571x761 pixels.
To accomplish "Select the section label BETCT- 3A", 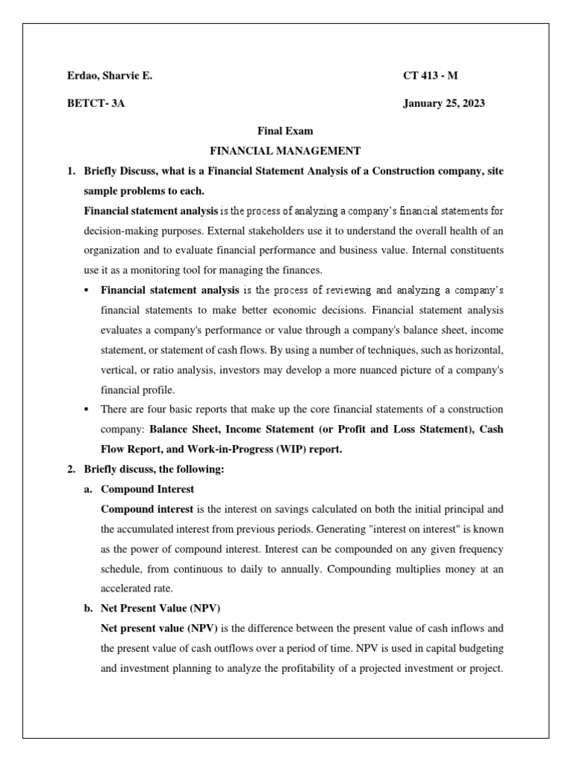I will pyautogui.click(x=96, y=103).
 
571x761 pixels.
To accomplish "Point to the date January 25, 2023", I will pyautogui.click(x=444, y=103).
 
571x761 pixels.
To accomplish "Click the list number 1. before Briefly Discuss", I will pyautogui.click(x=71, y=171).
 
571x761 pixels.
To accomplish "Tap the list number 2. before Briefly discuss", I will pyautogui.click(x=71, y=470).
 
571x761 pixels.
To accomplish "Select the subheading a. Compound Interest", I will pyautogui.click(x=147, y=489).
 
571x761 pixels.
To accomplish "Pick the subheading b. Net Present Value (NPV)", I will pyautogui.click(x=158, y=608).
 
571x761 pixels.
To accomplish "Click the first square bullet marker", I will pyautogui.click(x=88, y=290).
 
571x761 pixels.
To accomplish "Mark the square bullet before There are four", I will pyautogui.click(x=88, y=409).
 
